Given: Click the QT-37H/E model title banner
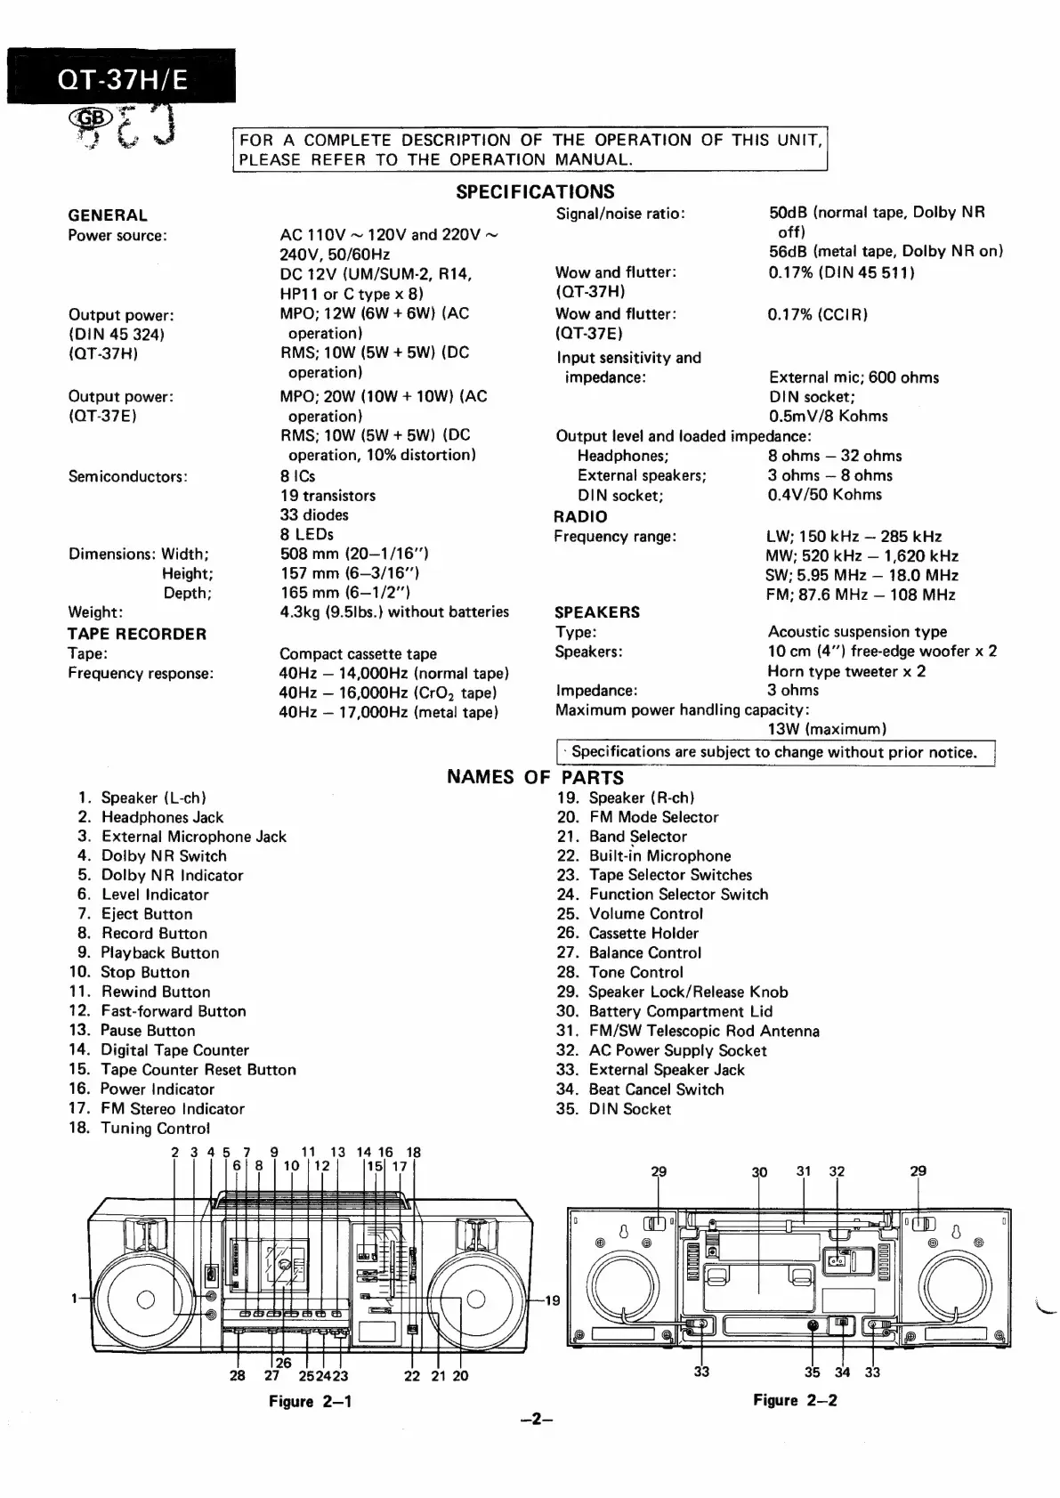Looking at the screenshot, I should (x=122, y=79).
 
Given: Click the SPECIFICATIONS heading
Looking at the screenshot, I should (x=535, y=191).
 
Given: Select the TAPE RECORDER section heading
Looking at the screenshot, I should (x=137, y=634).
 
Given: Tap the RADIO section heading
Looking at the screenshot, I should (x=580, y=516).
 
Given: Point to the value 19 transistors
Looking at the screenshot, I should (x=328, y=496).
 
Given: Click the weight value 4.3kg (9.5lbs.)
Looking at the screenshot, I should (x=393, y=611).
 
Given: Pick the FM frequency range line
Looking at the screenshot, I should (x=861, y=595).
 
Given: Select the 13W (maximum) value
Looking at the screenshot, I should (x=827, y=729).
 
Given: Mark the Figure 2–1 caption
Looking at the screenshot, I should (x=310, y=1402).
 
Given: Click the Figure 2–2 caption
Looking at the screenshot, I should (x=795, y=1400).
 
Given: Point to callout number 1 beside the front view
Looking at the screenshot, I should (x=75, y=1299).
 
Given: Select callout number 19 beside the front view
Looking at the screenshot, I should (x=552, y=1300).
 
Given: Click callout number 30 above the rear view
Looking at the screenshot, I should (x=759, y=1172).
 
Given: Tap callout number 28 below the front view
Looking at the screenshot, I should (x=238, y=1376).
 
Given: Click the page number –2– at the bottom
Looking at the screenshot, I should (x=537, y=1421).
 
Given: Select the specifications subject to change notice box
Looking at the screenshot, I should (x=774, y=752).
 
